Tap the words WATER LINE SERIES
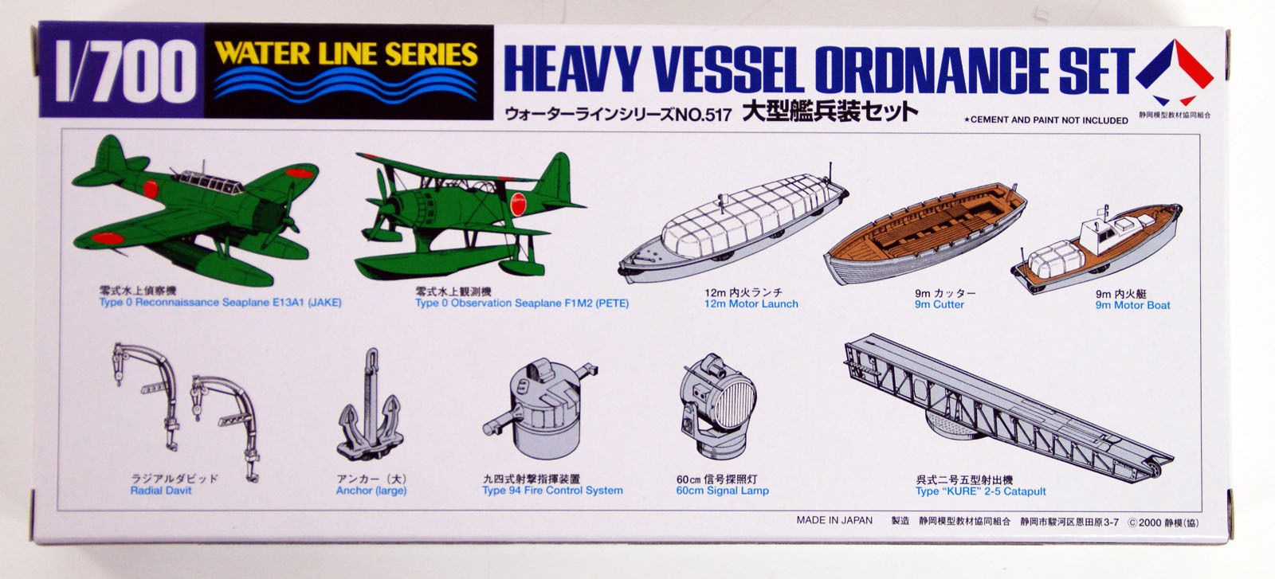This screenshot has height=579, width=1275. point(346,54)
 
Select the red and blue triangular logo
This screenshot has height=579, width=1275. point(1175,72)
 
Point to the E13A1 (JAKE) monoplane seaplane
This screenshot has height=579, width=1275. point(195,211)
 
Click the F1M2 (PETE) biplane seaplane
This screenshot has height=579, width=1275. point(470,211)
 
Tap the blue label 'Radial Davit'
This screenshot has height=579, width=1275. point(161,491)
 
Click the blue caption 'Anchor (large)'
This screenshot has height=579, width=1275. point(371,491)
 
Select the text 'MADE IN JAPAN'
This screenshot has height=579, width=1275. point(834,520)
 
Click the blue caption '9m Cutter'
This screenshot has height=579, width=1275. point(940,304)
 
